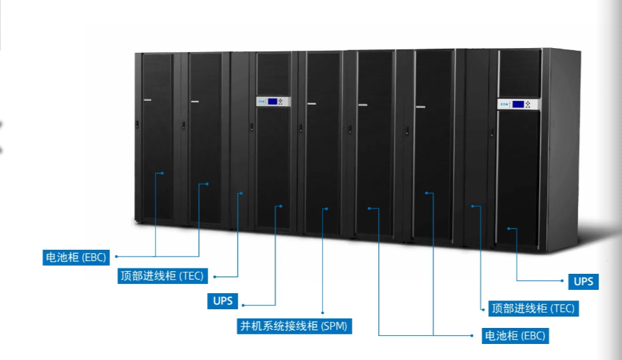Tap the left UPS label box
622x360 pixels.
coord(222,301)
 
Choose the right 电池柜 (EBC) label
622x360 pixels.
coord(515,335)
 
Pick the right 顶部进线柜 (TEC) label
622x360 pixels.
coord(532,309)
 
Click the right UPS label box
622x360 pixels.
coord(583,281)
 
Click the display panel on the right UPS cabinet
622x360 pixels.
coord(518,104)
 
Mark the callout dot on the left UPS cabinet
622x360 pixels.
coord(281,206)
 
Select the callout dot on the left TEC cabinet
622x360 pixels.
coord(241,194)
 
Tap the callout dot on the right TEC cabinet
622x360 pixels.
coord(474,206)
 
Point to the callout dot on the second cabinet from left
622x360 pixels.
coord(207,184)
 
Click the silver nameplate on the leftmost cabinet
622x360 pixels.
coord(147,102)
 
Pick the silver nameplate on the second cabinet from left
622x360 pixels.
coord(195,102)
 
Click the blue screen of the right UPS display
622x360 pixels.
coord(517,104)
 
